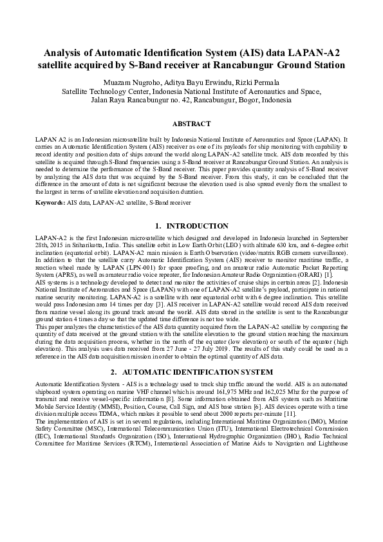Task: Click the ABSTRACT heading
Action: (x=191, y=123)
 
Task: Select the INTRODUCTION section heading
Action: (x=197, y=226)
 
